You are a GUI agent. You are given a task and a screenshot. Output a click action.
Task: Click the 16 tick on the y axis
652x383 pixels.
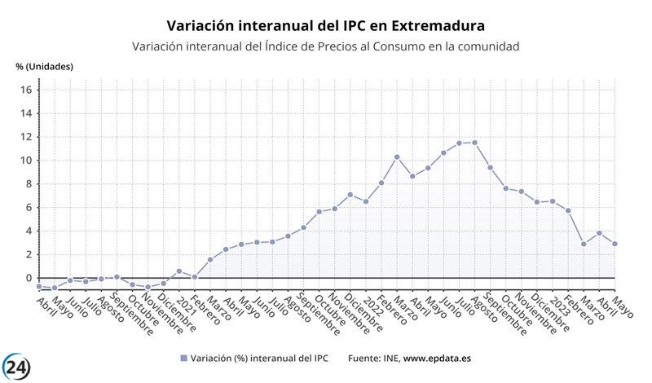(x=25, y=90)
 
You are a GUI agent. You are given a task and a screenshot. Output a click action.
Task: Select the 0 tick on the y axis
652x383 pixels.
(x=28, y=278)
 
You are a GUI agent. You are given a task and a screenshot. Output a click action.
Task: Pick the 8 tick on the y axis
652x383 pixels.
(x=28, y=184)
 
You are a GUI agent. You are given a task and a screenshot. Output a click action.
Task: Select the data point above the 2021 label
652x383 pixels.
(x=179, y=271)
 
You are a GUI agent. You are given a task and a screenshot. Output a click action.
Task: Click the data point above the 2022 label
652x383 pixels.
(x=366, y=201)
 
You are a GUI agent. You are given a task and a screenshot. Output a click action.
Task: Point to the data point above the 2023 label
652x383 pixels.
(x=553, y=201)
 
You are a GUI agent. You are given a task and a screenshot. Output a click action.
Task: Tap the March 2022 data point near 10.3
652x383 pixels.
(x=397, y=156)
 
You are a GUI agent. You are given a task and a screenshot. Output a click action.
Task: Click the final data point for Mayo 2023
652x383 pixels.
(x=615, y=244)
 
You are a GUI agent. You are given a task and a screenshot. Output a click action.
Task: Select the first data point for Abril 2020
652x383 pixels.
(x=39, y=287)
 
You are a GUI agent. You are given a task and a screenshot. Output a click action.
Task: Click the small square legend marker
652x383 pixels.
(x=183, y=359)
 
